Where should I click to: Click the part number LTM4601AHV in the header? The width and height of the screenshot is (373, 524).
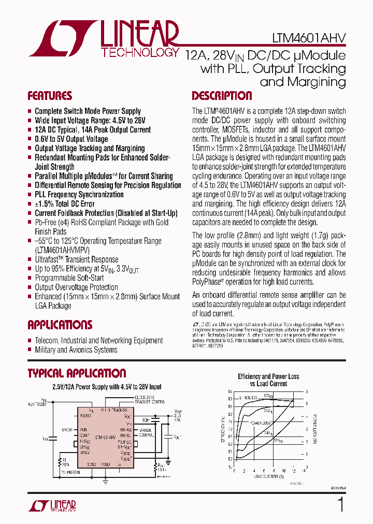click(316, 39)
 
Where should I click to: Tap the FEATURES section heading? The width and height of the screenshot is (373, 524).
click(50, 96)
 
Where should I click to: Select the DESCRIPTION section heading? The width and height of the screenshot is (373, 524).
click(222, 96)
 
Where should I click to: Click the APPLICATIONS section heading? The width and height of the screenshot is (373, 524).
click(60, 325)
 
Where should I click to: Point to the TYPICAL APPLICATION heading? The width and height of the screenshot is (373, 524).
click(77, 373)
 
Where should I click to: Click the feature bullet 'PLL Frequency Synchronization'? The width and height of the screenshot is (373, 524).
click(79, 195)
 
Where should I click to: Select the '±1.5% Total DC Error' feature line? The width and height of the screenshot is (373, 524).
click(64, 204)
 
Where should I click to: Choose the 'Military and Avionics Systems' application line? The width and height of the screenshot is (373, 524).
click(76, 350)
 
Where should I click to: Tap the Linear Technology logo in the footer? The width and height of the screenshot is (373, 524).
click(52, 506)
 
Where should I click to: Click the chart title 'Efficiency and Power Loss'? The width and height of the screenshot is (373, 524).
click(268, 377)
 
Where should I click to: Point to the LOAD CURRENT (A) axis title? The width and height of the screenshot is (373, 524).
click(268, 476)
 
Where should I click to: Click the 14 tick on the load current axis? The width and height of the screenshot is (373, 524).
click(304, 471)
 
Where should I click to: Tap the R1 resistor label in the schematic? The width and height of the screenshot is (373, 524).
click(64, 459)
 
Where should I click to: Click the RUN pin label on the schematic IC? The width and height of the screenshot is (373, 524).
click(83, 430)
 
